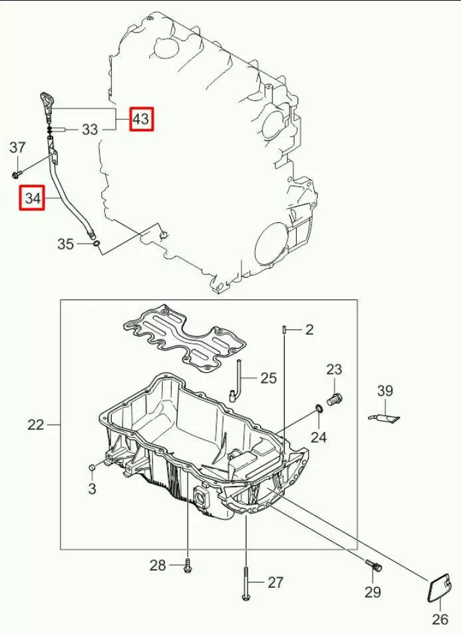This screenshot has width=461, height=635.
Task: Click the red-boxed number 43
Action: (x=141, y=119)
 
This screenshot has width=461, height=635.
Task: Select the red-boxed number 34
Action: (x=33, y=198)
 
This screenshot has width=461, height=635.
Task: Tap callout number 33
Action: (x=89, y=130)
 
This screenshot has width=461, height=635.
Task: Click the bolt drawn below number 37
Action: (x=17, y=174)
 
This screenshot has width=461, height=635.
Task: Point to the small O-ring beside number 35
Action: (x=96, y=244)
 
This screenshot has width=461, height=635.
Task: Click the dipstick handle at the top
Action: (x=46, y=105)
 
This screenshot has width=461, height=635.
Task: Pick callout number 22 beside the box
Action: (x=36, y=425)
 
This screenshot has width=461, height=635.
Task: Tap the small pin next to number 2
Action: (x=285, y=329)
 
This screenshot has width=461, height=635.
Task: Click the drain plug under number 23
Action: (x=335, y=399)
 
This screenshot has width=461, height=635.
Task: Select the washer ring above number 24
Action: (x=319, y=409)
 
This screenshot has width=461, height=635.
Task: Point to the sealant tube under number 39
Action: (x=385, y=417)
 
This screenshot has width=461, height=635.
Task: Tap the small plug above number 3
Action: (x=92, y=468)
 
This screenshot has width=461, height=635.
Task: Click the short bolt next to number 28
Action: (x=188, y=564)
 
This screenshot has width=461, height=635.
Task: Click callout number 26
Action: (x=440, y=619)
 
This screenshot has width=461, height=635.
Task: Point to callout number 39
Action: (x=385, y=391)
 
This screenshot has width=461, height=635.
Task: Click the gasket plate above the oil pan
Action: (x=185, y=338)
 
